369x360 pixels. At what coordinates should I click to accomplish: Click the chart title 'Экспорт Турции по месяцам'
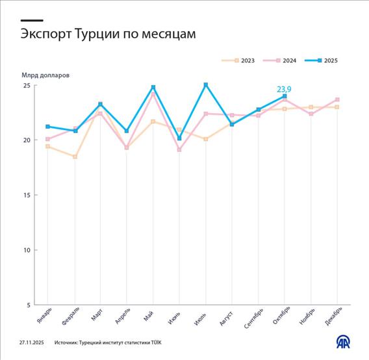tap(108, 34)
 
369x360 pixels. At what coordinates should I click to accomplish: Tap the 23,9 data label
tap(285, 89)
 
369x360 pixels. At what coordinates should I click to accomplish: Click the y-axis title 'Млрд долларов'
tap(45, 75)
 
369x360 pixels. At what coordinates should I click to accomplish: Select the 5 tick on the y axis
tap(27, 305)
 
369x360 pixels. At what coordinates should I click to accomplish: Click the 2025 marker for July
tap(206, 84)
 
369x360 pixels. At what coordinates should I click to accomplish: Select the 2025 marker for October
tap(285, 96)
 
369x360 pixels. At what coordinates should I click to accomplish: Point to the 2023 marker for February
tap(75, 157)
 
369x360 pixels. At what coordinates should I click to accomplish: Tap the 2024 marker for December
tap(338, 99)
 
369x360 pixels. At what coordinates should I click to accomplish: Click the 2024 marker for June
tap(179, 149)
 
